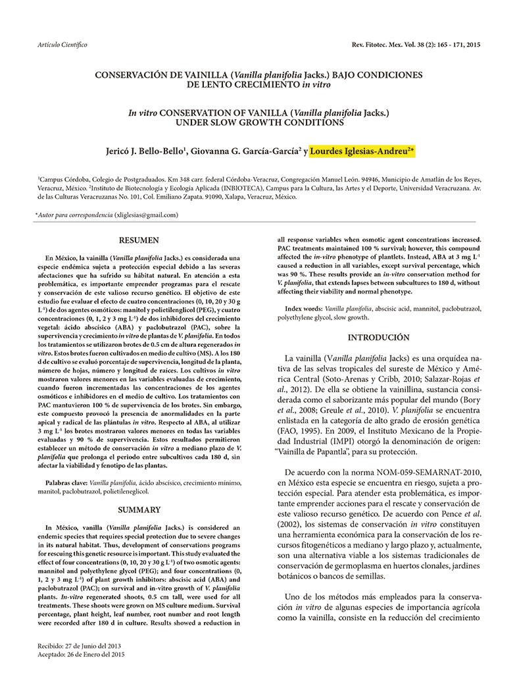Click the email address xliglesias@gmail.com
tap(147, 215)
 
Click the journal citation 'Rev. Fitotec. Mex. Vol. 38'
tap(388, 44)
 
